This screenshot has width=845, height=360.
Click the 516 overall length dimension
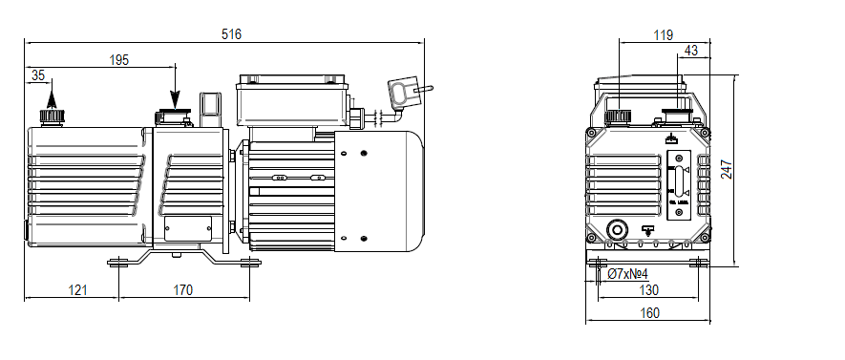(x=232, y=34)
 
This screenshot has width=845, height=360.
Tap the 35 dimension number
(x=38, y=74)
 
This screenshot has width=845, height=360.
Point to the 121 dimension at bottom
(x=77, y=289)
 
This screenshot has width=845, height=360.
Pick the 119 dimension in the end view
(x=664, y=34)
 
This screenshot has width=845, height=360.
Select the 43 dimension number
(x=691, y=50)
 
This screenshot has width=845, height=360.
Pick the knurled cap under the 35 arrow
(x=52, y=116)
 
